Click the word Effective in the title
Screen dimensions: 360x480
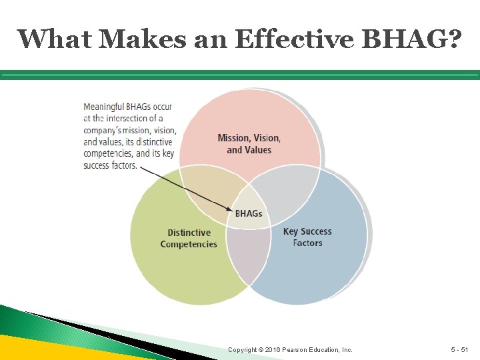293,39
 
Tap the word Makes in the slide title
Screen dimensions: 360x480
131,39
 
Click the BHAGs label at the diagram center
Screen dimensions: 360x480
249,214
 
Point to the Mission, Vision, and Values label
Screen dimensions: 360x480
249,144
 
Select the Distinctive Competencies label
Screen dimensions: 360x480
189,239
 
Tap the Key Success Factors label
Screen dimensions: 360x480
307,237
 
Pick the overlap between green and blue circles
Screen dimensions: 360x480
247,257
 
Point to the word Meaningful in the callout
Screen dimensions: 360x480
105,107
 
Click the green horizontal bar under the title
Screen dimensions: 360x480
240,75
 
